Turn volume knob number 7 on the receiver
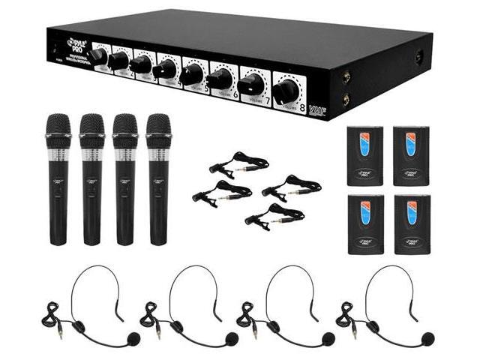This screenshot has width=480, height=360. (x=251, y=83)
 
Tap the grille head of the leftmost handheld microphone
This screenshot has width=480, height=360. (x=58, y=126)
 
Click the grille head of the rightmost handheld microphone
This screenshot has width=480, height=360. (x=158, y=126)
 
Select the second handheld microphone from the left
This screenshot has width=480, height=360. (x=91, y=180)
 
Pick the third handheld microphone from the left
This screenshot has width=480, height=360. (x=124, y=180)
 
